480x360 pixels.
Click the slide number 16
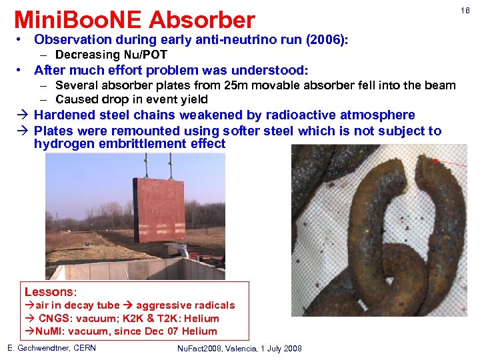tap(465, 10)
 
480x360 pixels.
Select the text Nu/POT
tap(146, 55)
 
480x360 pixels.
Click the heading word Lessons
tap(49, 292)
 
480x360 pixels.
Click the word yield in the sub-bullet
tap(193, 99)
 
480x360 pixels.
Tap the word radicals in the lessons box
tap(213, 305)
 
